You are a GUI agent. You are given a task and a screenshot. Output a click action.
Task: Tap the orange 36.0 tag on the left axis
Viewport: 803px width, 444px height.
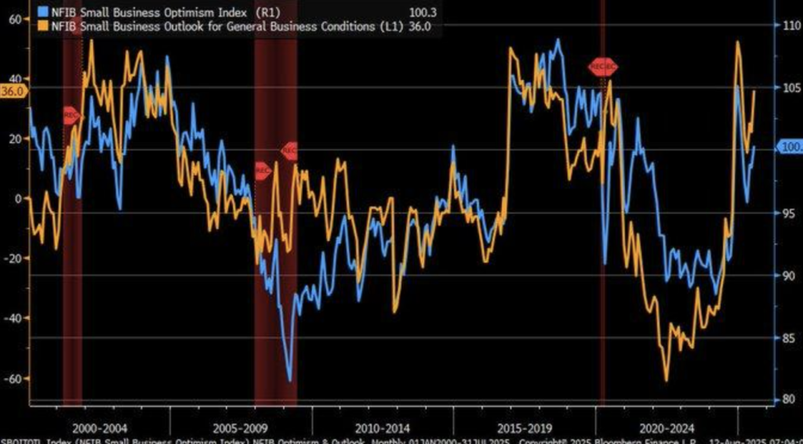coord(13,90)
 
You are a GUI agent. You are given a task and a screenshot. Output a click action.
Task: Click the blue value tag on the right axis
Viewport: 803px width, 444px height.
coord(789,146)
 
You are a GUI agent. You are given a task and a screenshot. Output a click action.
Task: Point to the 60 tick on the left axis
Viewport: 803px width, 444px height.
coord(15,20)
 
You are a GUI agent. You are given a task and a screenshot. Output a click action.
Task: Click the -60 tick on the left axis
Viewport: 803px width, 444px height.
coord(13,379)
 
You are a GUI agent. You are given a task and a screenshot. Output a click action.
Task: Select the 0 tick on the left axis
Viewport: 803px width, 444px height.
coord(18,199)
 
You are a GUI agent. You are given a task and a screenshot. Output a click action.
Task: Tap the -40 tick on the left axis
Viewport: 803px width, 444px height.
coord(13,319)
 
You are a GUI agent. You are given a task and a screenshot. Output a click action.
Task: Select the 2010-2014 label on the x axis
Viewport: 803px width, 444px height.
coord(382,428)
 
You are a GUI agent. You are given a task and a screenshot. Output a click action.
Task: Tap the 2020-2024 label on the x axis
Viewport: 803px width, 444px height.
coord(667,428)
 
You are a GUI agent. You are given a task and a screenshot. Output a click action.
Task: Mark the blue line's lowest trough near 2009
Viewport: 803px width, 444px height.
coord(290,381)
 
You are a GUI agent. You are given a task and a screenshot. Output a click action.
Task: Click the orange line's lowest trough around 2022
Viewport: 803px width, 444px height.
coord(667,381)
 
